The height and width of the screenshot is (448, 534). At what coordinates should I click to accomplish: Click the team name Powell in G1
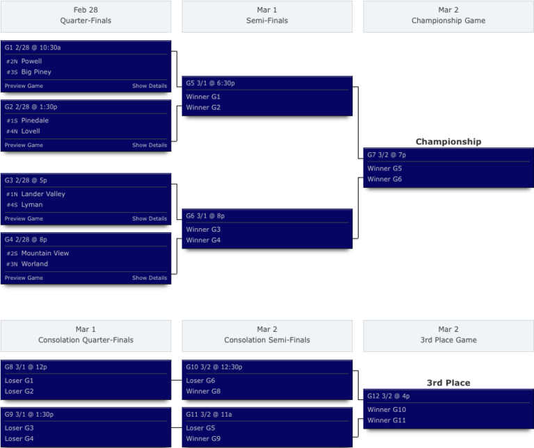(x=31, y=61)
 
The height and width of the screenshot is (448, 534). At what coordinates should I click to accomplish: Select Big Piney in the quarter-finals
(x=36, y=72)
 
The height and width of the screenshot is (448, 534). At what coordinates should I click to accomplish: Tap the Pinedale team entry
(x=35, y=120)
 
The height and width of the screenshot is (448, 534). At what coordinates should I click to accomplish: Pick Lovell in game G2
(x=31, y=131)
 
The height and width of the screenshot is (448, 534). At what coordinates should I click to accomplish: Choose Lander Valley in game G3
(x=43, y=194)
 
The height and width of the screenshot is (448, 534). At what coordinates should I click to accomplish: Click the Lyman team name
(x=32, y=205)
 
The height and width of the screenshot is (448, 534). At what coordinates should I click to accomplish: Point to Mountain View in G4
(x=45, y=253)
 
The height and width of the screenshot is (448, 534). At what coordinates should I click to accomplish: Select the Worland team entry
(x=35, y=264)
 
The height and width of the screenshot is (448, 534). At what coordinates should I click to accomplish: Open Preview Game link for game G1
(x=24, y=86)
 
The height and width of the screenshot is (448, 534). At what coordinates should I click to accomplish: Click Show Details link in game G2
(x=149, y=145)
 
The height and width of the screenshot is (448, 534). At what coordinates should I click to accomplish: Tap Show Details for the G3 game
(x=149, y=218)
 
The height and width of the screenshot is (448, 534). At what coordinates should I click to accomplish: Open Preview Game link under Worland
(x=24, y=278)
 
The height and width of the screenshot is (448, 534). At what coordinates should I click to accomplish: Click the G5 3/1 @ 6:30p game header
(x=210, y=83)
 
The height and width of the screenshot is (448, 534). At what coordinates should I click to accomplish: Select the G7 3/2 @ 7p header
(x=387, y=154)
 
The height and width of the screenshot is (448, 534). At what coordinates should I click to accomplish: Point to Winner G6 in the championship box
(x=385, y=179)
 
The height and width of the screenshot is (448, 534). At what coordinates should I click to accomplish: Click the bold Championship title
(x=448, y=141)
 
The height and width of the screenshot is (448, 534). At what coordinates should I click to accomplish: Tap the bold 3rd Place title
(x=448, y=383)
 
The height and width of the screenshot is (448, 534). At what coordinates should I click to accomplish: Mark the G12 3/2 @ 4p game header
(x=388, y=396)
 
